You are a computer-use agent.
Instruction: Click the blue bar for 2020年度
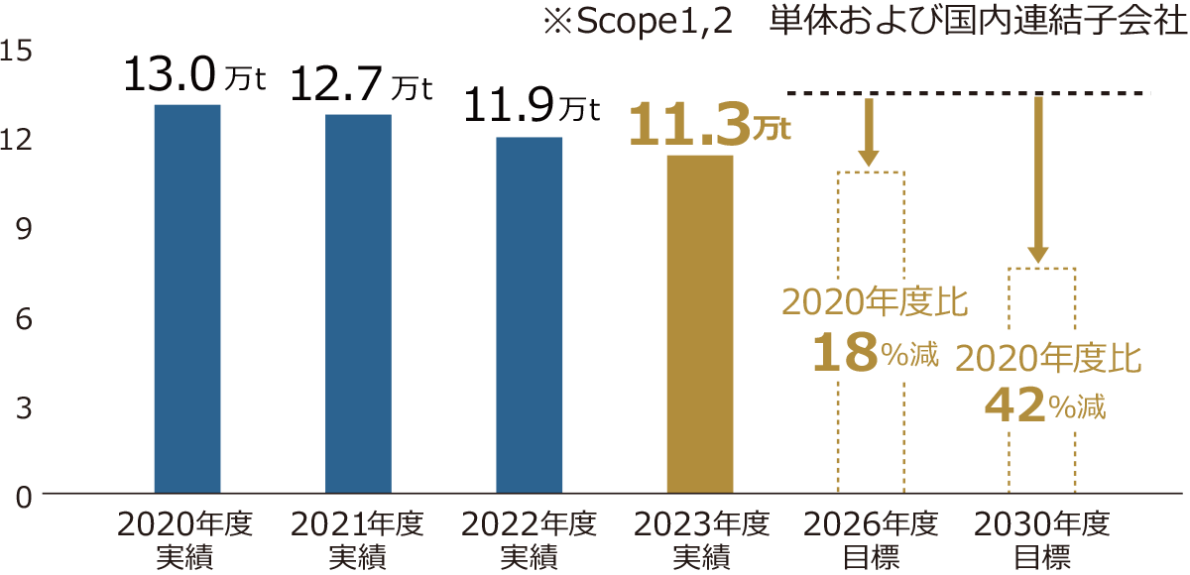pyautogui.click(x=187, y=298)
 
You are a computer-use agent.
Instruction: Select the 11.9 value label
pyautogui.click(x=511, y=106)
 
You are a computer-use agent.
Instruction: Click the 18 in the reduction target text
pyautogui.click(x=844, y=354)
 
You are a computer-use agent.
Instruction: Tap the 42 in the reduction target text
pyautogui.click(x=1014, y=405)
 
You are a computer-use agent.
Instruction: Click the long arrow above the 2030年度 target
pyautogui.click(x=1038, y=179)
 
